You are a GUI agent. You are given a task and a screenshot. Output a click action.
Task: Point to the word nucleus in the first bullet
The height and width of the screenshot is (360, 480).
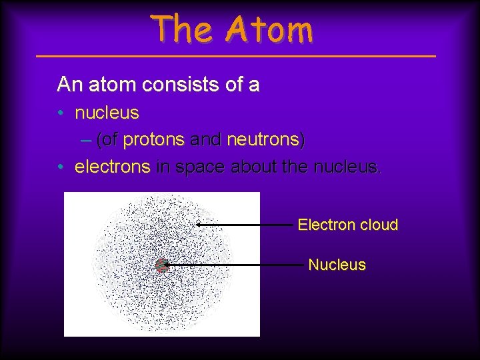pos(107,113)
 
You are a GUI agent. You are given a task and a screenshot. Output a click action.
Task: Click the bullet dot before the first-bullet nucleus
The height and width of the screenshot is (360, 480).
pos(61,113)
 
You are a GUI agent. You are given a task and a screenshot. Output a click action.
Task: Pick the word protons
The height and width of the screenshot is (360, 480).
pos(154,140)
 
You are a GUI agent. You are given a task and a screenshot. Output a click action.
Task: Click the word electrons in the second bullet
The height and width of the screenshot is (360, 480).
pos(112,167)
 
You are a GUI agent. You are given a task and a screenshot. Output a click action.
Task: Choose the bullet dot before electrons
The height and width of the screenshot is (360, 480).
pos(61,167)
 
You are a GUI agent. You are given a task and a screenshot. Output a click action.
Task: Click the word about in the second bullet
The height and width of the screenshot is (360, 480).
pos(254,167)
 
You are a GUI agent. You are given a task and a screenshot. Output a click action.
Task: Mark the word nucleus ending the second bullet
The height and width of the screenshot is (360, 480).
pos(345,167)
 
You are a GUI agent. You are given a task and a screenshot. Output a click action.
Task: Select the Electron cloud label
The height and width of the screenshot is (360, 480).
pos(347,225)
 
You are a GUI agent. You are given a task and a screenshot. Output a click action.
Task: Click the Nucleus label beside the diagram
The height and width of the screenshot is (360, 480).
pos(337,265)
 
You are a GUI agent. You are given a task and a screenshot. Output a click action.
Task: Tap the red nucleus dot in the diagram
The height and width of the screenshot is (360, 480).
pos(161,265)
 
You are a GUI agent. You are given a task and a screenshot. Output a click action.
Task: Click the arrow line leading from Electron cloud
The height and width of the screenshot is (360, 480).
pos(247,225)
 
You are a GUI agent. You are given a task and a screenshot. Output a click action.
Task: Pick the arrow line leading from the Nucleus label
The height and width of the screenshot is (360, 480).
pos(233,265)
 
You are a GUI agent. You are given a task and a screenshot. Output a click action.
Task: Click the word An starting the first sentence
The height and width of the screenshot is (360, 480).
pos(69,85)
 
